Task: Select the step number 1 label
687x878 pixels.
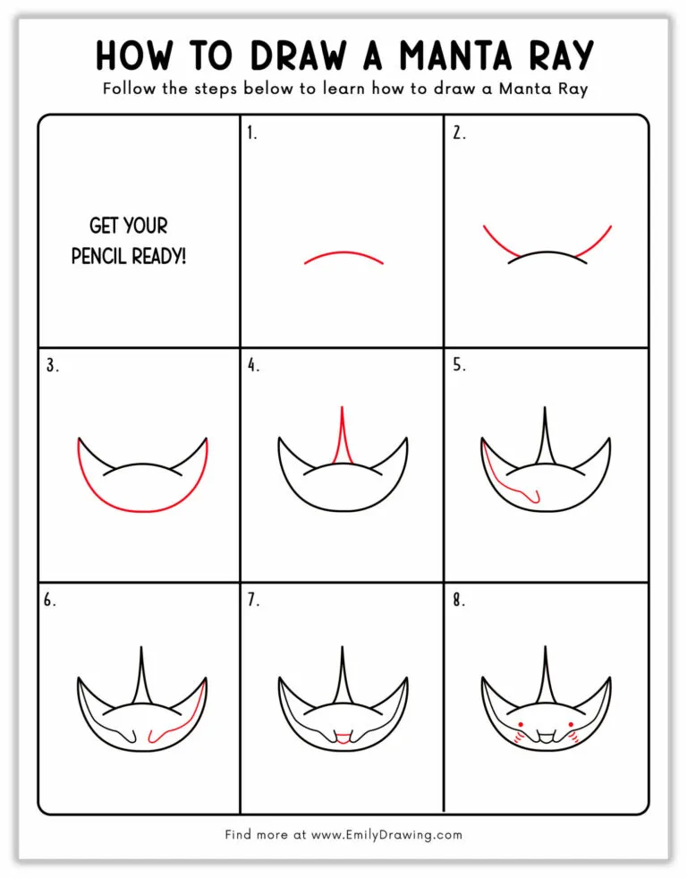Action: [x=252, y=133]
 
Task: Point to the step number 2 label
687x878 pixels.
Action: [x=458, y=133]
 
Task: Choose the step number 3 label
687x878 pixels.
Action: [x=52, y=365]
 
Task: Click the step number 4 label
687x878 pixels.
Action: [x=253, y=365]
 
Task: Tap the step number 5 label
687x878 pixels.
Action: [x=458, y=365]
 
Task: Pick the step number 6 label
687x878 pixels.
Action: [x=50, y=601]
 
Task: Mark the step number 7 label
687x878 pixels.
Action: [x=253, y=601]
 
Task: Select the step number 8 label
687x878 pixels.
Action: [x=458, y=601]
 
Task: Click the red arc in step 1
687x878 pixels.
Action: [x=343, y=254]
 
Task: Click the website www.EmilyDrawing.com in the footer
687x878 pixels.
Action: [x=386, y=835]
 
